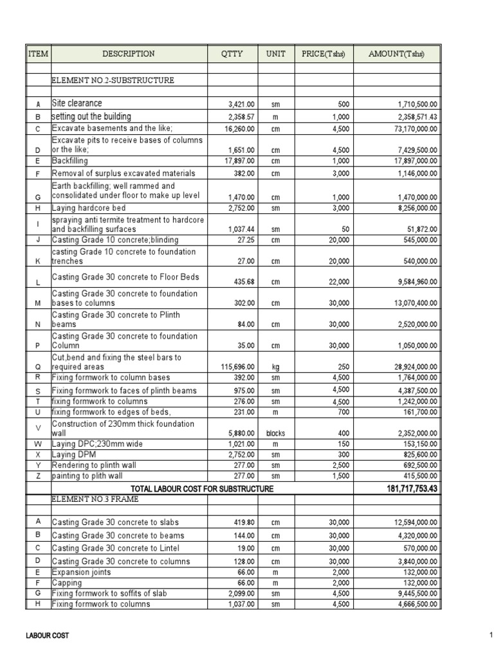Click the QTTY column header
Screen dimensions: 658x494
(x=232, y=54)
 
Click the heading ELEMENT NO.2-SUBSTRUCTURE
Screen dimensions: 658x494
(x=113, y=80)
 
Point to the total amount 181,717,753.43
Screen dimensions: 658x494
(x=407, y=489)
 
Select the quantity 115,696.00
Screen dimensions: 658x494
(x=237, y=366)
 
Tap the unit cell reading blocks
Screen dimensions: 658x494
(x=276, y=433)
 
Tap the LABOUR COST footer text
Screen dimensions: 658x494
(x=47, y=636)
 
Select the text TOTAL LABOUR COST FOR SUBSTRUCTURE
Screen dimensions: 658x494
(x=202, y=489)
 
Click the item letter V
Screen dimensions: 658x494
(x=38, y=429)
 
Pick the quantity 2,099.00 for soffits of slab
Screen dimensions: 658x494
(x=241, y=593)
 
